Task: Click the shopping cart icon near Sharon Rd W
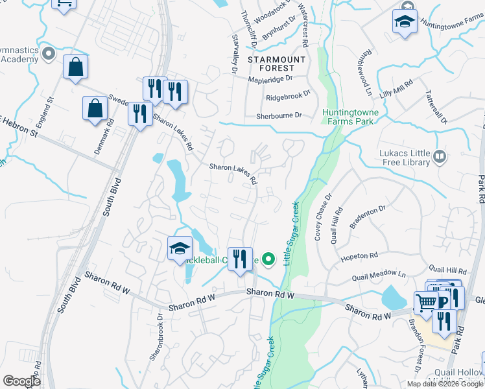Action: click(426, 302)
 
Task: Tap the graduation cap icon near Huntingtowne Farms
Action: click(404, 21)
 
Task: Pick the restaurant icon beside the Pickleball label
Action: click(240, 259)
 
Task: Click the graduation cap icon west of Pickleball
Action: click(180, 248)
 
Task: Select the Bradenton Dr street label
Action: click(369, 208)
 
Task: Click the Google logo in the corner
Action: click(22, 381)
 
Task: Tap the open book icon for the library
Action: click(440, 156)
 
